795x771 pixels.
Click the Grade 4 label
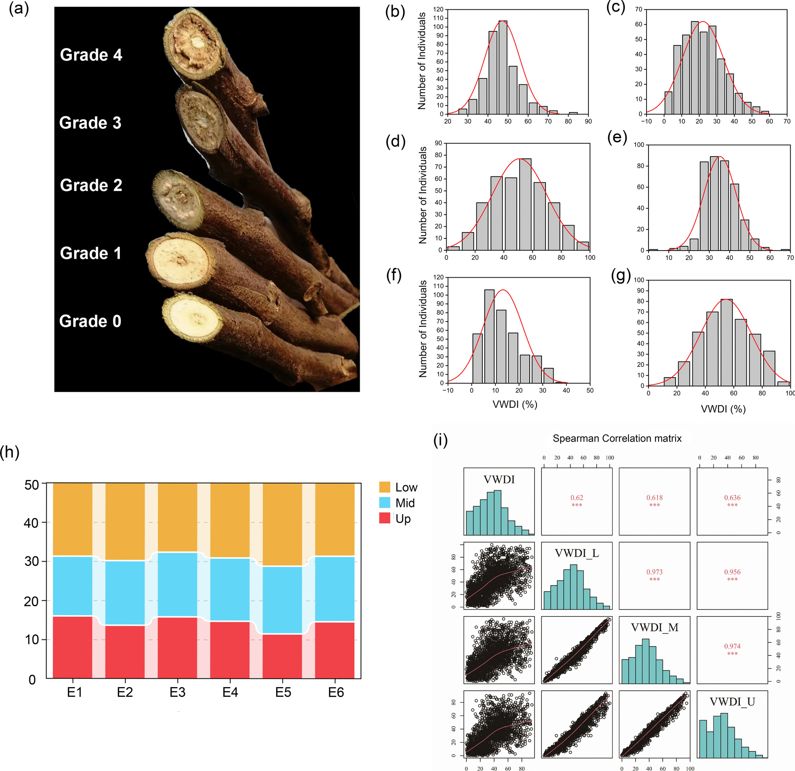tap(91, 55)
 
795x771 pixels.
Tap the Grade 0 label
tap(90, 321)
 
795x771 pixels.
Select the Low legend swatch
tap(384, 487)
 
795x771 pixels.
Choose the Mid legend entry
tap(404, 503)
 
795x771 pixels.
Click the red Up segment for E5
tap(283, 656)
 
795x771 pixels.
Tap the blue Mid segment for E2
tap(125, 593)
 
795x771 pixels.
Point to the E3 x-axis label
tap(177, 692)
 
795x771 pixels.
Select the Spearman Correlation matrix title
tap(617, 438)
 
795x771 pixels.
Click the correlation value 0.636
tap(732, 497)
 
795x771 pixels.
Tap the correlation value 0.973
tap(654, 572)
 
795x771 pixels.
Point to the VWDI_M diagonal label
tap(654, 628)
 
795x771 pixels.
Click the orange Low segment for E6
tap(335, 520)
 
